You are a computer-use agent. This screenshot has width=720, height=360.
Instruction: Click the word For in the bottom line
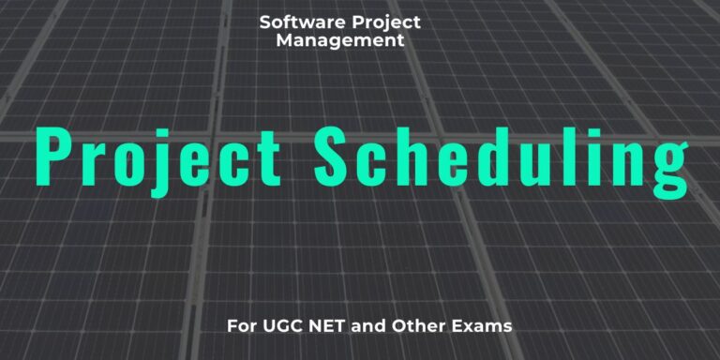click(x=241, y=328)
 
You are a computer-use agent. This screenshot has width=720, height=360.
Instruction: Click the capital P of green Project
click(x=53, y=154)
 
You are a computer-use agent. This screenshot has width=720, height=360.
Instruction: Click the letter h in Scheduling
click(x=416, y=154)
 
